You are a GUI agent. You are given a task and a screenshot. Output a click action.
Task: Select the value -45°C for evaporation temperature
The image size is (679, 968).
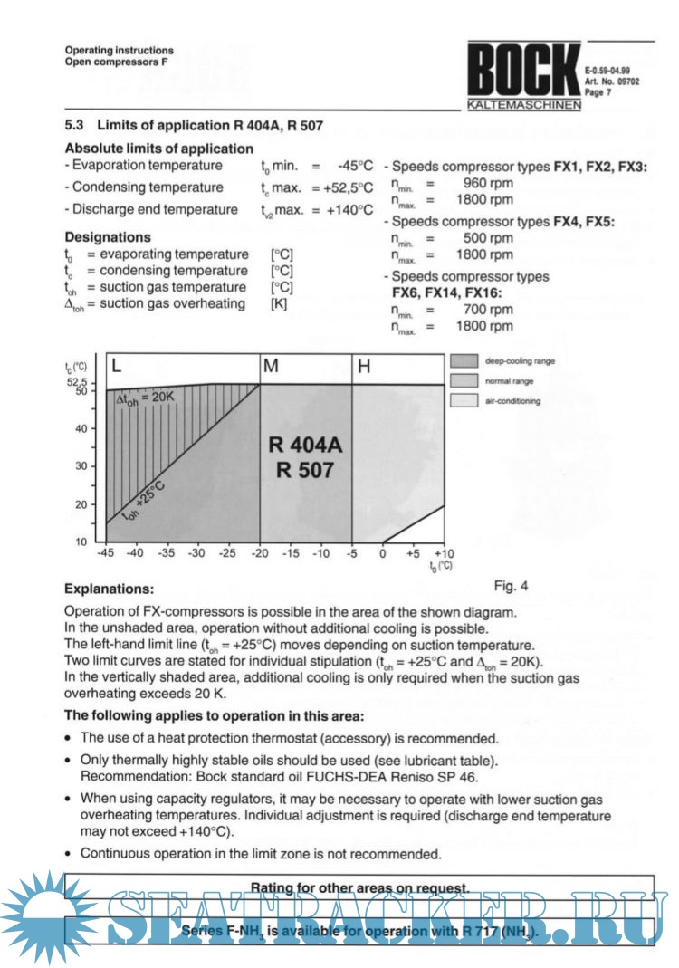(355, 166)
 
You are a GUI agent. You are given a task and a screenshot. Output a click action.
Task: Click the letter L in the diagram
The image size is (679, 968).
(117, 366)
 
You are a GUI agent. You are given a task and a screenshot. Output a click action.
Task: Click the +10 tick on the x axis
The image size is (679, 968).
(443, 552)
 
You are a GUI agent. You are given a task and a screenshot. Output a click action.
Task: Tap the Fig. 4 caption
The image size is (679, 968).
(511, 585)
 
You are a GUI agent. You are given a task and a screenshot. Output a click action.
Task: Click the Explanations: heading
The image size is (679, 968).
(110, 589)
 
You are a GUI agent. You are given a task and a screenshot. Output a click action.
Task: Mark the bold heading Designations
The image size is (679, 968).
(108, 236)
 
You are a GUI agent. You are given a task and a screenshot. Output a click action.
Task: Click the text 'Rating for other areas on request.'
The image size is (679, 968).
(359, 887)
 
